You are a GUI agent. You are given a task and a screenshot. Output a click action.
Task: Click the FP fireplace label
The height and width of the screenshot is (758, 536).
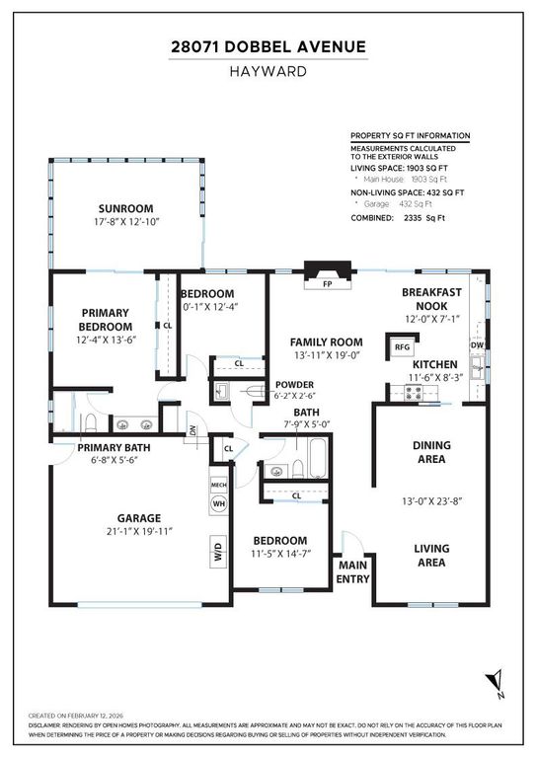326,284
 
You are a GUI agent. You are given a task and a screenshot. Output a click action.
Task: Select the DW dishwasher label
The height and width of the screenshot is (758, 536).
477,345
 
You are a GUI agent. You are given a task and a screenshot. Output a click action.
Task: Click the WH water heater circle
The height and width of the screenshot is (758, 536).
218,503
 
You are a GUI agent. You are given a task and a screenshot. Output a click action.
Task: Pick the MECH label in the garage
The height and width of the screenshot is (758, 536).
218,485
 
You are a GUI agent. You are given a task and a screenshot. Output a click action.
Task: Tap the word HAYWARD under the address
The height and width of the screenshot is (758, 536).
268,71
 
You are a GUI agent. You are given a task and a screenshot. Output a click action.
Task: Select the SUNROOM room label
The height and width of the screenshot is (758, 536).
125,208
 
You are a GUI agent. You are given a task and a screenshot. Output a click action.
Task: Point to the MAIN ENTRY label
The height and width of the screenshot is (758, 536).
352,571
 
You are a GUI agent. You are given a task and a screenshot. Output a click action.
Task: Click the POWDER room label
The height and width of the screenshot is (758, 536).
294,385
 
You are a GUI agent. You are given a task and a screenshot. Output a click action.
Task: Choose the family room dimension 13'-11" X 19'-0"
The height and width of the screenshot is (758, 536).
314,354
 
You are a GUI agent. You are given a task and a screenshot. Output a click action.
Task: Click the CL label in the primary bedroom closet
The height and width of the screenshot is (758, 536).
168,325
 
